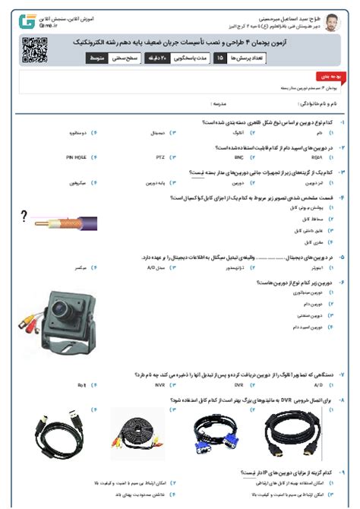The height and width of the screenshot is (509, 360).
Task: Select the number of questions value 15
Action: (x=219, y=58)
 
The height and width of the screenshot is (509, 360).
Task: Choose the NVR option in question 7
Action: (x=159, y=385)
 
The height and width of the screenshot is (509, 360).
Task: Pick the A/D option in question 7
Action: (x=318, y=385)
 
